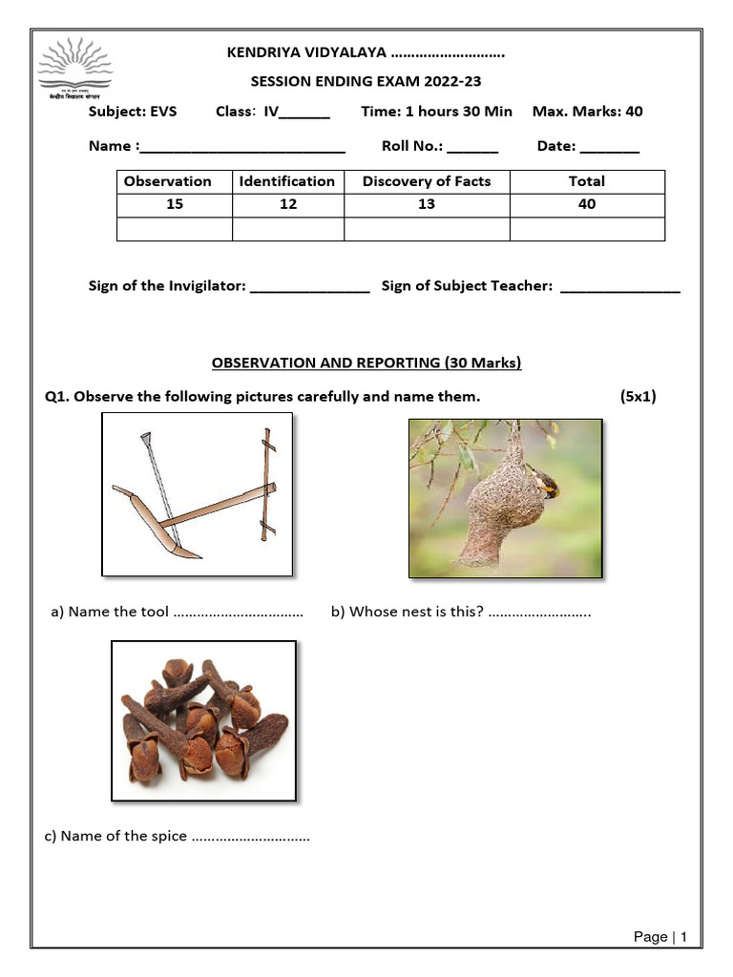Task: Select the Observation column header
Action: point(168,181)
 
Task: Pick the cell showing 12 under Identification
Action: point(287,204)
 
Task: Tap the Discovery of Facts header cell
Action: point(427,181)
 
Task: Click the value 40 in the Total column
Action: point(587,204)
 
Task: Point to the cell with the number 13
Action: point(427,204)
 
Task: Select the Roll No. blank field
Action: point(472,147)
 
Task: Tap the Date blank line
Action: point(610,147)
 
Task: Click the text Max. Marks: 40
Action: point(587,112)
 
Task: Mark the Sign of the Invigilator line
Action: point(309,286)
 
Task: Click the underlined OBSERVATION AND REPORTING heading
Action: point(366,363)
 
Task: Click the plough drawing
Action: point(198,494)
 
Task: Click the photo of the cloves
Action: point(203,720)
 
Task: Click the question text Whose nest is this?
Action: point(408,613)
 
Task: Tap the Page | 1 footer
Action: point(660,937)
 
